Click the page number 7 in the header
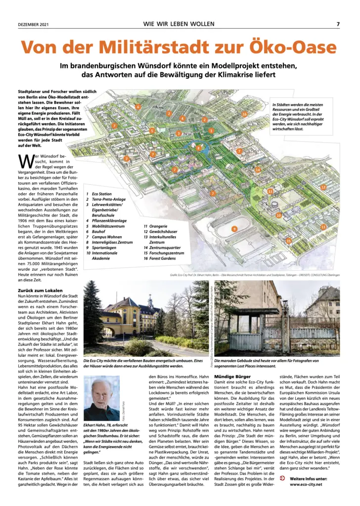(338, 24)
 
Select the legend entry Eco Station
(101, 194)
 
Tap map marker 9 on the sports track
(234, 228)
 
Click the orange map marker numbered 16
(244, 114)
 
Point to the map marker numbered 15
(289, 241)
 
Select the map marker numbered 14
(258, 170)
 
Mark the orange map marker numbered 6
(138, 107)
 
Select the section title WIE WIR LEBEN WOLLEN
(179, 24)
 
